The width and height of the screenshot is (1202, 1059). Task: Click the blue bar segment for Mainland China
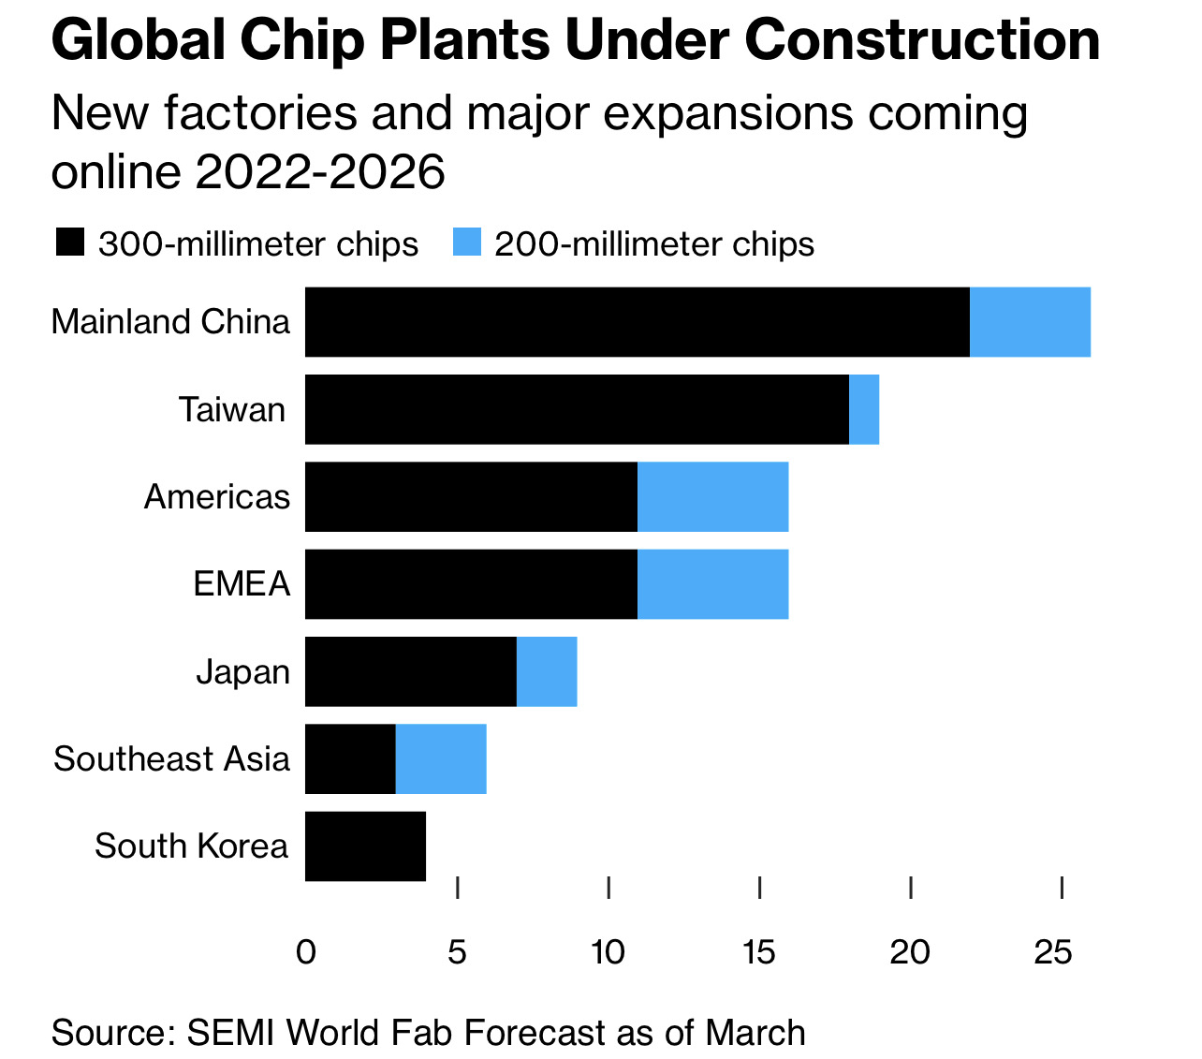pyautogui.click(x=1030, y=322)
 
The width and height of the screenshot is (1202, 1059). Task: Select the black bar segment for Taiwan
pyautogui.click(x=577, y=409)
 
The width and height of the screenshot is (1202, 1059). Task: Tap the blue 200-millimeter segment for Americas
pyautogui.click(x=712, y=496)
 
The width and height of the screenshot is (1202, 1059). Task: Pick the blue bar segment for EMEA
pyautogui.click(x=712, y=584)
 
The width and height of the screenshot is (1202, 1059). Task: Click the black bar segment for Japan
pyautogui.click(x=411, y=671)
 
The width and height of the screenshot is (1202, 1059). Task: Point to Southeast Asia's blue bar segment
pyautogui.click(x=441, y=758)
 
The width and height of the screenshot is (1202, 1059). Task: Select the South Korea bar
pyautogui.click(x=365, y=846)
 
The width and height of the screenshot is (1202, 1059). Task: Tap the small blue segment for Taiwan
pyautogui.click(x=864, y=409)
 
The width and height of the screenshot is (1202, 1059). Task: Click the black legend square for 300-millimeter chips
pyautogui.click(x=70, y=243)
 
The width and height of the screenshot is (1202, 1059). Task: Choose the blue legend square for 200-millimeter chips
pyautogui.click(x=466, y=243)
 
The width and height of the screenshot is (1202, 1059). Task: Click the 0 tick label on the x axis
pyautogui.click(x=305, y=952)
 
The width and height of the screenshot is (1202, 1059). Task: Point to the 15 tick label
pyautogui.click(x=758, y=952)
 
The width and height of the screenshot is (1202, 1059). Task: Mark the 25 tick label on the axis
pyautogui.click(x=1053, y=952)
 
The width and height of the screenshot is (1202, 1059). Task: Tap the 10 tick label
pyautogui.click(x=608, y=952)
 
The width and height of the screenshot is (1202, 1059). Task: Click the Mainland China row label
pyautogui.click(x=170, y=322)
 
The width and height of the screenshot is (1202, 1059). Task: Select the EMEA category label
pyautogui.click(x=242, y=584)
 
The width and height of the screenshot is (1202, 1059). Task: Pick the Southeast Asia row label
pyautogui.click(x=171, y=758)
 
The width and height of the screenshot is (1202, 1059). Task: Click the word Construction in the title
pyautogui.click(x=922, y=39)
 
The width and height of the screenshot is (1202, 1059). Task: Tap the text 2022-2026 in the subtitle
pyautogui.click(x=319, y=172)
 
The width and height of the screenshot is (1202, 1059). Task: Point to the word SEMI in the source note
pyautogui.click(x=231, y=1033)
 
